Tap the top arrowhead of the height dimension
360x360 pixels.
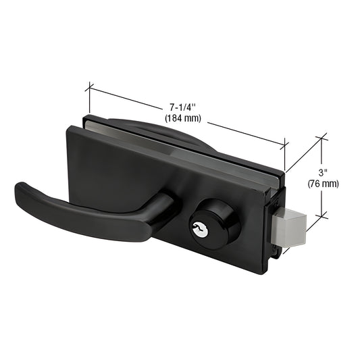click(x=324, y=139)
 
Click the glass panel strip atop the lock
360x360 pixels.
click(x=203, y=145)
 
